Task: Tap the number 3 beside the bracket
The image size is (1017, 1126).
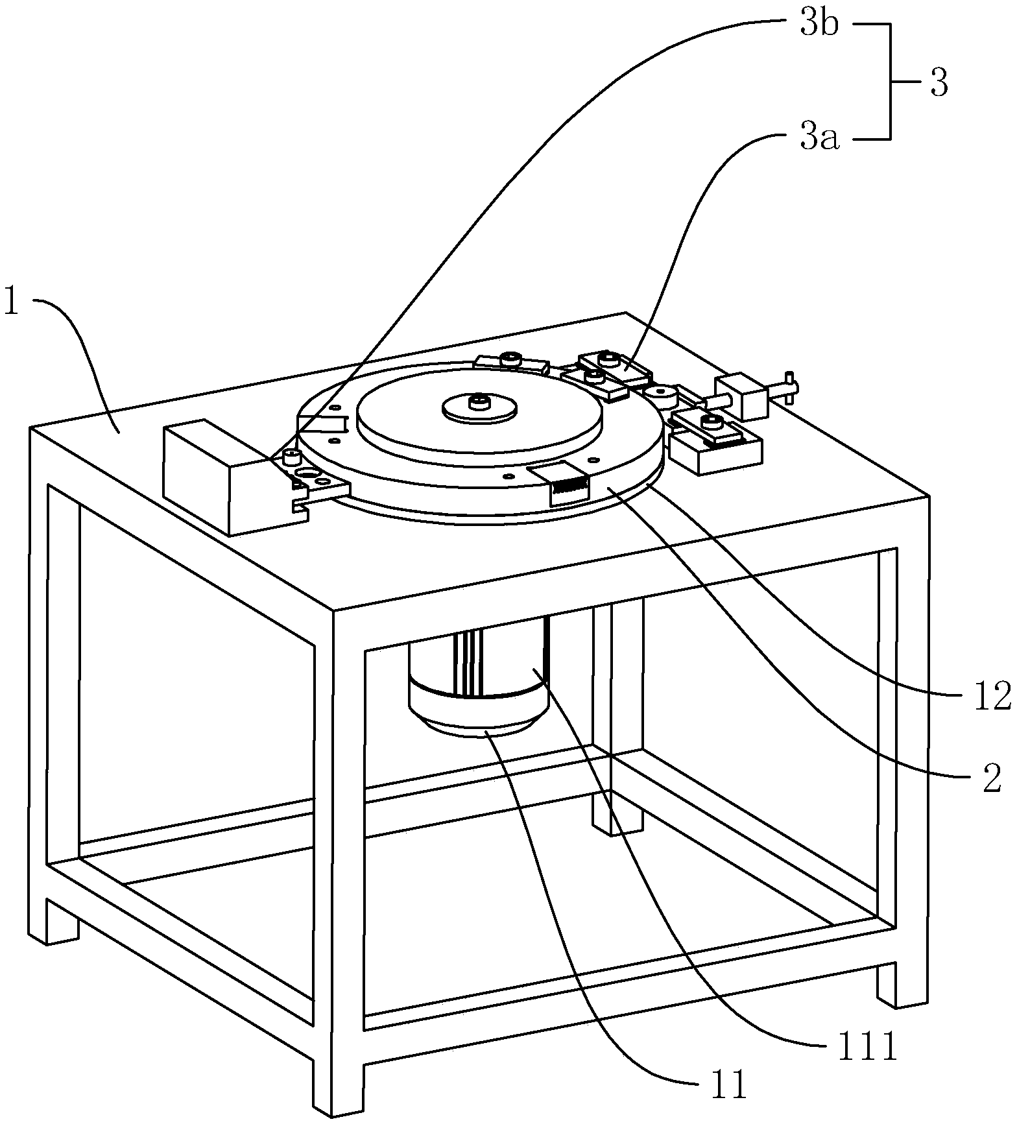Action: [939, 83]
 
